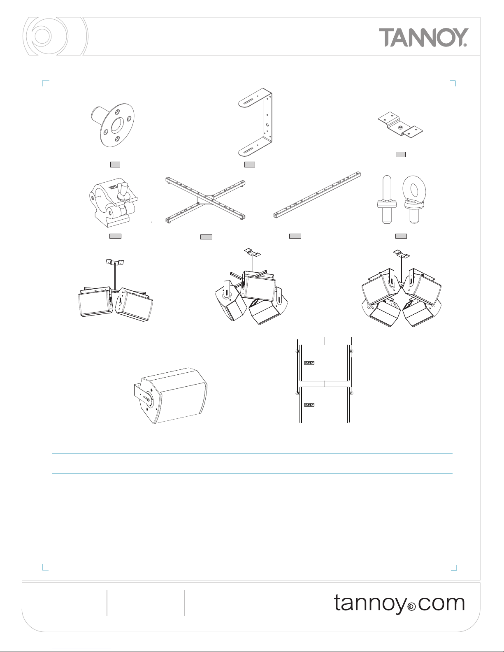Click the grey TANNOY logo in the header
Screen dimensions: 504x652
point(423,37)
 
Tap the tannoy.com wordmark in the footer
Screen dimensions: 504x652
point(399,603)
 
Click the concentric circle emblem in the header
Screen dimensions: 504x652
point(55,36)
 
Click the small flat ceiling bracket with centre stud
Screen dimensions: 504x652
point(400,125)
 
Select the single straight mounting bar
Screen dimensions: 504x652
point(317,195)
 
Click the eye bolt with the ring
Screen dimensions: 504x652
point(414,199)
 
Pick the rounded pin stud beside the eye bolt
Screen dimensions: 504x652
point(387,199)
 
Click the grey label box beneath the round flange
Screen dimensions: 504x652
point(115,165)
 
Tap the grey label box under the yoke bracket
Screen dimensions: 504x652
point(250,165)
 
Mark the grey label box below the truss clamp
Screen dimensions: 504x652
point(115,236)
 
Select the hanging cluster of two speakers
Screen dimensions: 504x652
point(115,290)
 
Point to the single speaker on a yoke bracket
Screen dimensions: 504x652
point(170,395)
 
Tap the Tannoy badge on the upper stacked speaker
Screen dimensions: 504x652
point(309,363)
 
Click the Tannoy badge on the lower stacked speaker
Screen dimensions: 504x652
point(309,405)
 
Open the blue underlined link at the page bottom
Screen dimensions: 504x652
point(81,649)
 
